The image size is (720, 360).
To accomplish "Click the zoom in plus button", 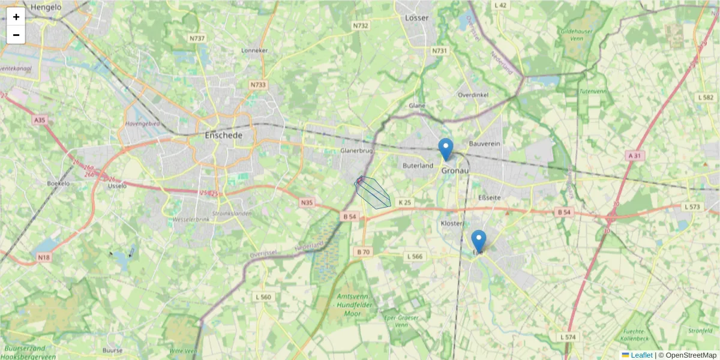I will [x=16, y=17].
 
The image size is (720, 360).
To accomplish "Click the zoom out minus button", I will [x=16, y=35].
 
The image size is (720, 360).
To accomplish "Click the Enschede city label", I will [x=224, y=136].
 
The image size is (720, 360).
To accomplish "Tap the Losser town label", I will [x=417, y=18].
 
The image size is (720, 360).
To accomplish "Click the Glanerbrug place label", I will [x=357, y=150].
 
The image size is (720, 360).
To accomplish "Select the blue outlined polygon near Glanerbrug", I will [x=373, y=193].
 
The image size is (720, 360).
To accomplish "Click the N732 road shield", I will [x=361, y=25].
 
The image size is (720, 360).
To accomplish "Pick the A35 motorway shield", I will [x=40, y=120].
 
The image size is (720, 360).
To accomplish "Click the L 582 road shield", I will [x=706, y=97].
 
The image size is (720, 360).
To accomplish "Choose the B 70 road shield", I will [x=362, y=251].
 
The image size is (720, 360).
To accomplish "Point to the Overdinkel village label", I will [x=474, y=95].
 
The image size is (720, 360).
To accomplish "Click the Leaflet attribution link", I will [x=641, y=355].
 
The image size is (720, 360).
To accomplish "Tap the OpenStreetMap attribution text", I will [x=691, y=355].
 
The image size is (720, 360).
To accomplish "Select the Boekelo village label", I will [x=58, y=183].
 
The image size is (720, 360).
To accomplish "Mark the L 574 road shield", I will [x=568, y=337].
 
